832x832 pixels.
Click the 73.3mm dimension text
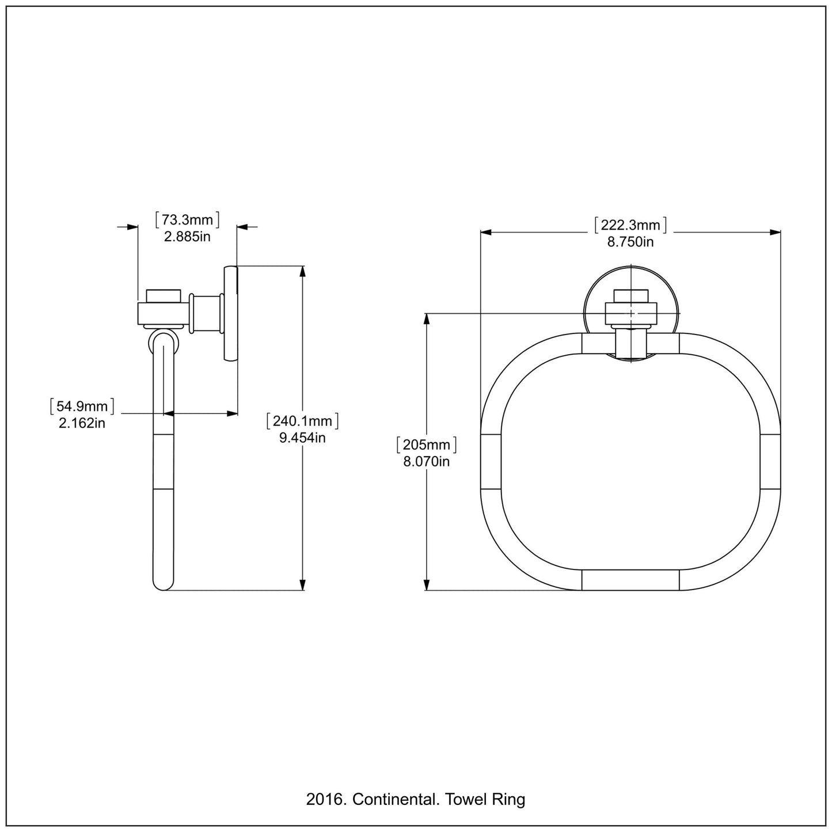[x=187, y=220]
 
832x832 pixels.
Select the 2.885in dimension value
[x=187, y=236]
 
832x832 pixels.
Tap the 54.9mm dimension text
[x=82, y=406]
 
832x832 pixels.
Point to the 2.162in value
[x=82, y=423]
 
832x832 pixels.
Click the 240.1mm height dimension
[x=302, y=421]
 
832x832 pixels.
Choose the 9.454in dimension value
[x=302, y=438]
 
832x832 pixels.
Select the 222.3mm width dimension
[x=630, y=225]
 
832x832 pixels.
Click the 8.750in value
[x=630, y=242]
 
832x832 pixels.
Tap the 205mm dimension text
[x=427, y=445]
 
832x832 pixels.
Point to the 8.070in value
[x=427, y=461]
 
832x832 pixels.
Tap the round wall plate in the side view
[x=230, y=314]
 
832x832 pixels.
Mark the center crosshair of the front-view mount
[x=631, y=313]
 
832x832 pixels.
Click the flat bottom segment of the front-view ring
[x=630, y=580]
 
